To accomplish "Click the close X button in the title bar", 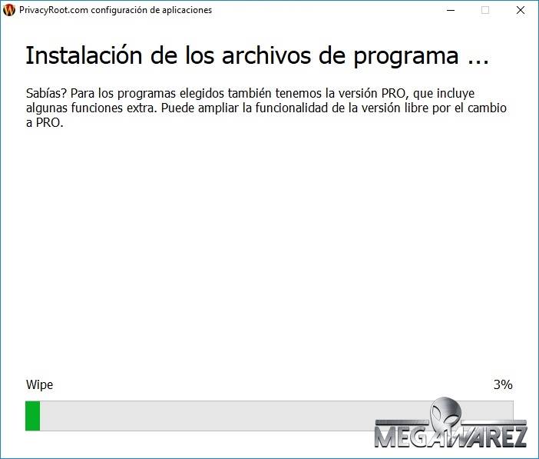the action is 521,10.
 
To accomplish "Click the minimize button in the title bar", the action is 451,10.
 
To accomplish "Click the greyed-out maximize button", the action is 485,10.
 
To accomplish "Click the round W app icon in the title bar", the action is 9,10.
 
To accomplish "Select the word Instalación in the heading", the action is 84,55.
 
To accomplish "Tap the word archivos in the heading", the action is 266,55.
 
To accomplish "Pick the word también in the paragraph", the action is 250,93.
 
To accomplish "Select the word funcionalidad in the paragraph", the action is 292,108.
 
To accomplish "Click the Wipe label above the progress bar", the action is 39,384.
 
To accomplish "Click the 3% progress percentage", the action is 503,384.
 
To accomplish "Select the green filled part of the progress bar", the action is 33,416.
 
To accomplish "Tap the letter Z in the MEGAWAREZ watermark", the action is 517,436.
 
